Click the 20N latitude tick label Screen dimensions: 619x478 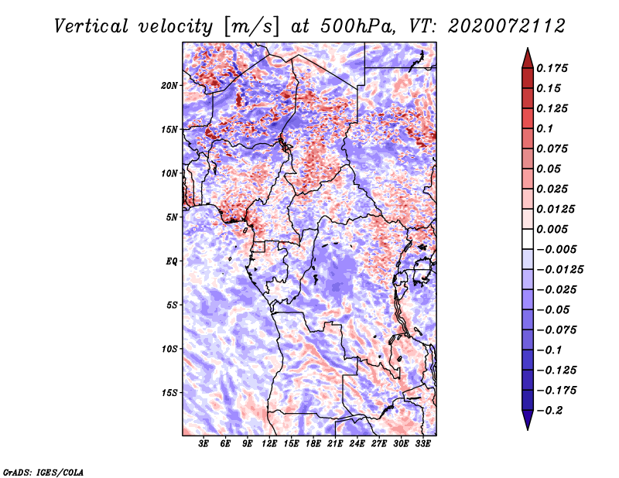pyautogui.click(x=169, y=86)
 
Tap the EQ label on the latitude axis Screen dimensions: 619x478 pyautogui.click(x=172, y=261)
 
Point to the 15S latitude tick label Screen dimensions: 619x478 pyautogui.click(x=169, y=393)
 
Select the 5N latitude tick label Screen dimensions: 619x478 pyautogui.click(x=172, y=217)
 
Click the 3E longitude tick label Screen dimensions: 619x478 pyautogui.click(x=203, y=444)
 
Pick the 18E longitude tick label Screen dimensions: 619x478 pyautogui.click(x=313, y=444)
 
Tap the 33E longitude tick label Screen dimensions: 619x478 pyautogui.click(x=422, y=444)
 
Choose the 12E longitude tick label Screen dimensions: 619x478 pyautogui.click(x=269, y=444)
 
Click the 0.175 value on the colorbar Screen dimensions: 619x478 pyautogui.click(x=552, y=68)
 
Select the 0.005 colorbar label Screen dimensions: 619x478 pyautogui.click(x=552, y=229)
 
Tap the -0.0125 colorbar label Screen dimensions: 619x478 pyautogui.click(x=559, y=270)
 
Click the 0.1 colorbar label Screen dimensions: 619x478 pyautogui.click(x=545, y=128)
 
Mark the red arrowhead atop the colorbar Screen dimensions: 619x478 pyautogui.click(x=528, y=58)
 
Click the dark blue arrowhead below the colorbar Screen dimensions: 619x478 pyautogui.click(x=528, y=420)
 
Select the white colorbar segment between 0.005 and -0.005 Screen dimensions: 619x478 pyautogui.click(x=528, y=239)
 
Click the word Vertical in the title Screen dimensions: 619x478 pyautogui.click(x=91, y=26)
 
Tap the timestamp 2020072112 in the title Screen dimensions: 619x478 pyautogui.click(x=507, y=26)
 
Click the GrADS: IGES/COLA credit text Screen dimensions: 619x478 pyautogui.click(x=43, y=473)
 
